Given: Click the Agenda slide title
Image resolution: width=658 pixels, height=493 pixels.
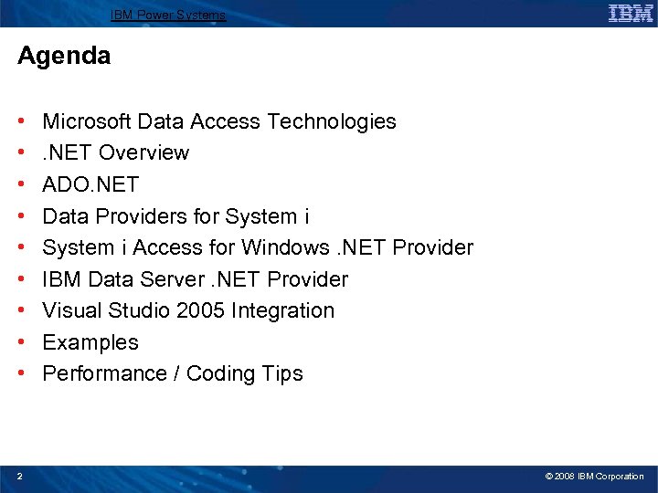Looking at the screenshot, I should coord(64,56).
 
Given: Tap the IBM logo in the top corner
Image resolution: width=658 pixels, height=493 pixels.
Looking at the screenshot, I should coord(630,14).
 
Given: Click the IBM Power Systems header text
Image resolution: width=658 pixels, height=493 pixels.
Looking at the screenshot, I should coord(168,15).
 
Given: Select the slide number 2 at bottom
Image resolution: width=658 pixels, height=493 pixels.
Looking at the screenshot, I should coord(20,476).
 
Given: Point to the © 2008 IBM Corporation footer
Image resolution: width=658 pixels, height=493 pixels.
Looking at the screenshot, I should coord(594,477).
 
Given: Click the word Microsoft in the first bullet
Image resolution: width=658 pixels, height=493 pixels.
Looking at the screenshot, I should coord(87,121).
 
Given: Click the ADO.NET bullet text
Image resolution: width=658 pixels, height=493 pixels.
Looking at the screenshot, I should coord(90,184).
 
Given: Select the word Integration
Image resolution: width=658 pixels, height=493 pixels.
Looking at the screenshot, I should coord(282,310).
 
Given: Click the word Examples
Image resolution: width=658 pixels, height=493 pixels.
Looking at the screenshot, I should coord(90,342).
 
